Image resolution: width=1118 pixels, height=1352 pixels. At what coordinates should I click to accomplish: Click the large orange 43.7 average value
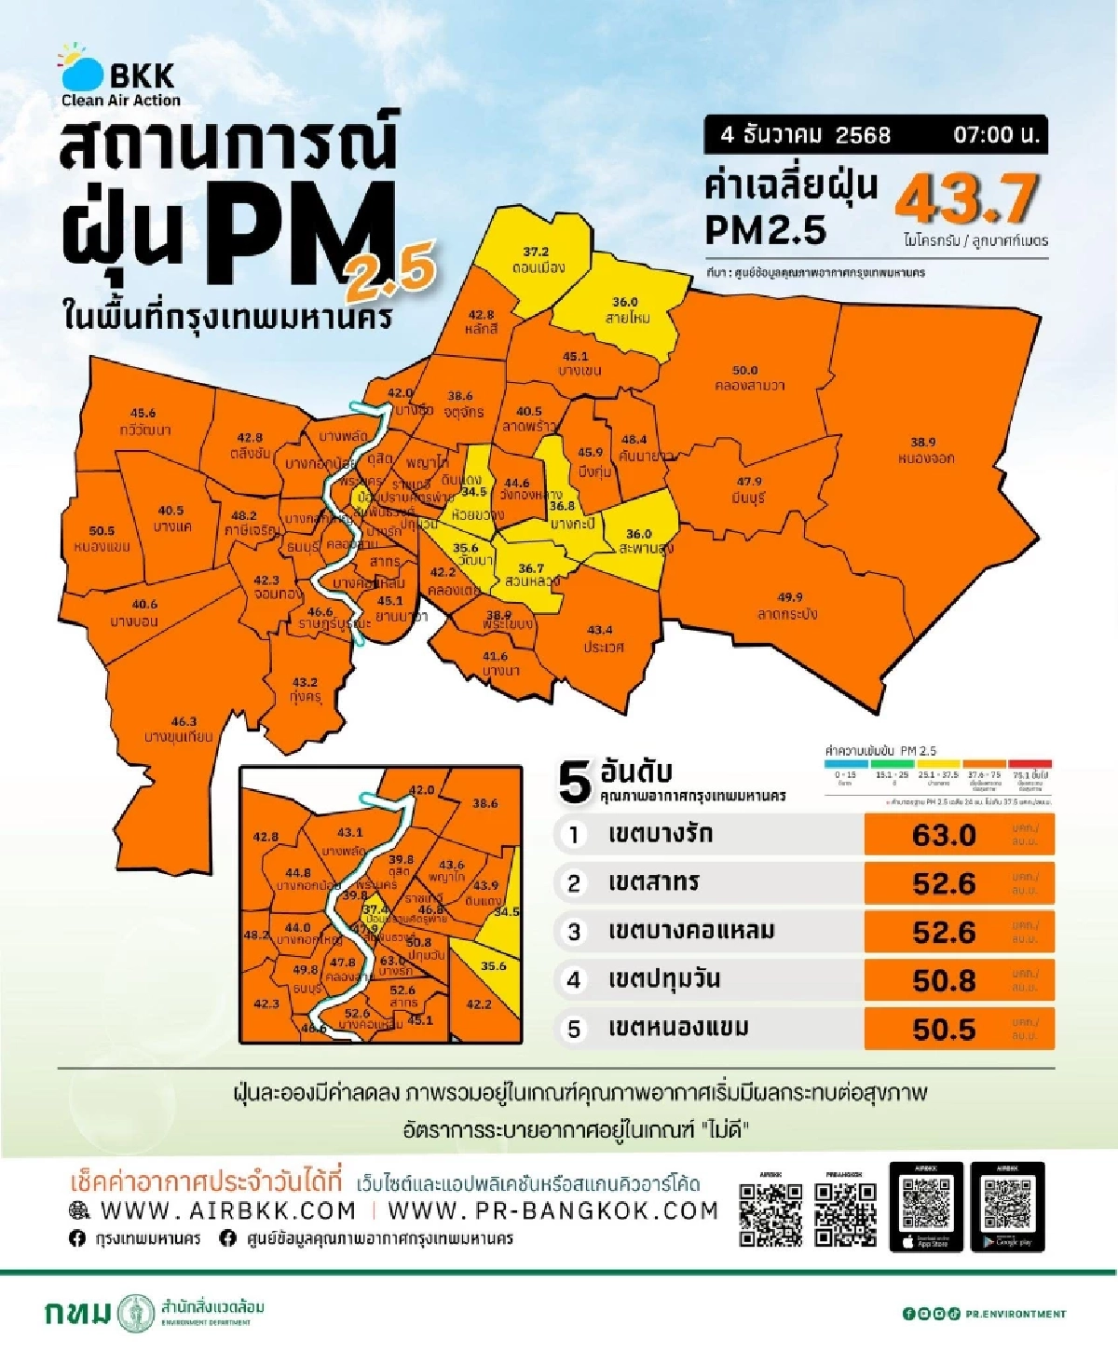966,198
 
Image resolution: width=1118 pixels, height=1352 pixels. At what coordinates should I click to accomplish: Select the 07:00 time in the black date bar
995,135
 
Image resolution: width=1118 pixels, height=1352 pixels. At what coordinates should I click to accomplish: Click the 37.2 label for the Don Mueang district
536,252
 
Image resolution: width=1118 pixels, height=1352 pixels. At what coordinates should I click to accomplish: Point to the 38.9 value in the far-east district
922,443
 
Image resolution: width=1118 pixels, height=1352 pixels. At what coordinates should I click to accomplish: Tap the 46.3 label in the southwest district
184,721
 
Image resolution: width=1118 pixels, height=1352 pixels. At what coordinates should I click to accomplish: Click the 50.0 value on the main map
745,371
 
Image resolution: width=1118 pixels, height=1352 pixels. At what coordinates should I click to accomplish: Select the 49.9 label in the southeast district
789,597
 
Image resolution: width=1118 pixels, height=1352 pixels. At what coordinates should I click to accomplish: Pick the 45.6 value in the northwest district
143,414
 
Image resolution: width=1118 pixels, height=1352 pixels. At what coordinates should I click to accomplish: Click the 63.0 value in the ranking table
944,835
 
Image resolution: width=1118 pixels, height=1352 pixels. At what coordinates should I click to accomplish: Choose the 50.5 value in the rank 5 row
944,1030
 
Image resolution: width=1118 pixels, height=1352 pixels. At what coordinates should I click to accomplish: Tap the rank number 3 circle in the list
574,932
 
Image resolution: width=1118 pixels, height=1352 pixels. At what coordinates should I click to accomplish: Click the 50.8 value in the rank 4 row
944,981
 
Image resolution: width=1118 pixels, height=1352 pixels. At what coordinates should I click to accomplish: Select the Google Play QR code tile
1007,1206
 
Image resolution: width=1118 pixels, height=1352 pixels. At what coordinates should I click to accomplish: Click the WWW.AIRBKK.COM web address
227,1211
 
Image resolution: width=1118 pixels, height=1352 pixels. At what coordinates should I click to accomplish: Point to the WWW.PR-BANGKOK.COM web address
552,1211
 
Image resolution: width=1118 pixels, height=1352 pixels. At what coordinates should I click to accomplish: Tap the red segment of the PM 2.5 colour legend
1029,764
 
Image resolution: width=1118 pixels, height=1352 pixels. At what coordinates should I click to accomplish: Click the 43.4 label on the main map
600,631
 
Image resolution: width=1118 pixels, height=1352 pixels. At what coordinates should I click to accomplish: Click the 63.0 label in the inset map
392,962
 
